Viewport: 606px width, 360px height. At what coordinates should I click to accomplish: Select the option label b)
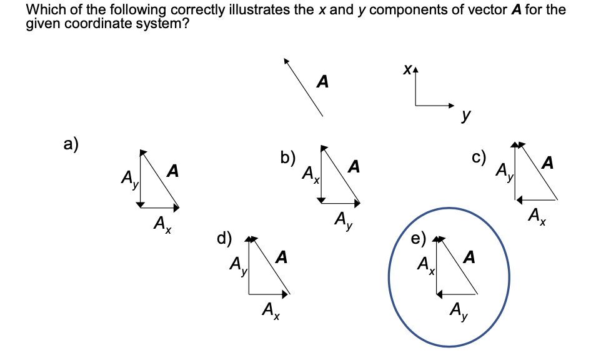click(288, 157)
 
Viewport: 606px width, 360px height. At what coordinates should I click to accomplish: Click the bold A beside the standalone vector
click(322, 81)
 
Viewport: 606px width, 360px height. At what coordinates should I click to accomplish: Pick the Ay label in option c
click(504, 171)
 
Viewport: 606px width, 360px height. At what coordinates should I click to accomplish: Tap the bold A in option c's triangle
click(548, 164)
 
